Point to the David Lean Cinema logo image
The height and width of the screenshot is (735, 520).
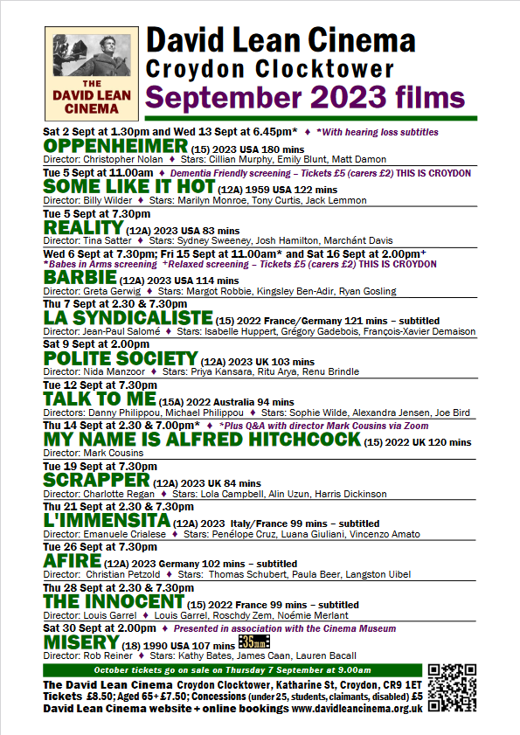87,72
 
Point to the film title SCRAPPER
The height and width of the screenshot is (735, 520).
96,480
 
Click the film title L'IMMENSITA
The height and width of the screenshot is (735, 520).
107,521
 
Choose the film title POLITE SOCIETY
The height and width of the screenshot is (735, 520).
121,358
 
